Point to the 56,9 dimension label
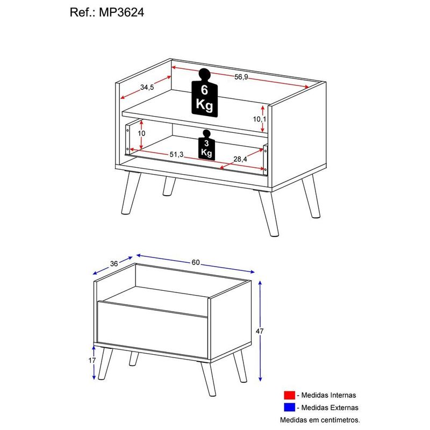point(241,77)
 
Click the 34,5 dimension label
point(148,87)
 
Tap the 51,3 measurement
point(177,154)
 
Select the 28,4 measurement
point(240,159)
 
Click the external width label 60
point(196,262)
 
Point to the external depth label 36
point(113,263)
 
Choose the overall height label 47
point(260,331)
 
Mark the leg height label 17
point(92,360)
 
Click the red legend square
point(290,396)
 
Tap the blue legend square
point(290,408)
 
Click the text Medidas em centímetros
point(319,420)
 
